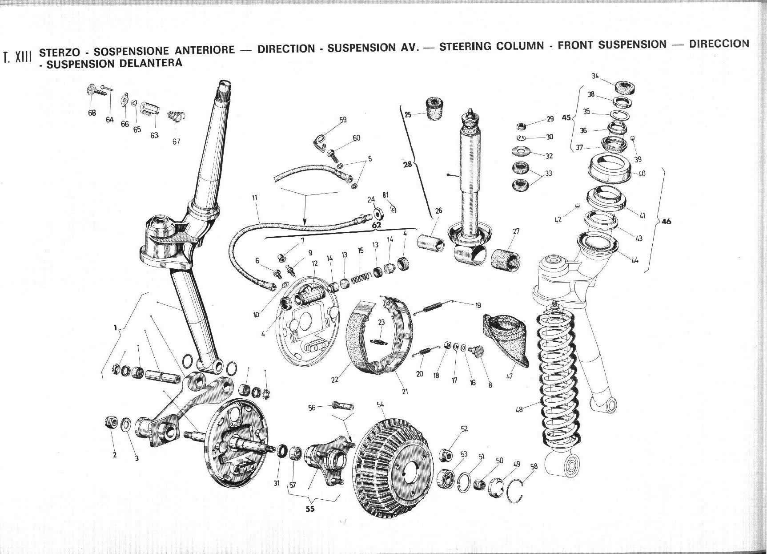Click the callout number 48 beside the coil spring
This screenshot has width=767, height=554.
[519, 409]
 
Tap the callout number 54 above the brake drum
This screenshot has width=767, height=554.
[380, 404]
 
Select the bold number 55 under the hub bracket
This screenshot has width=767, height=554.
[310, 509]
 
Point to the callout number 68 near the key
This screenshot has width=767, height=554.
[92, 113]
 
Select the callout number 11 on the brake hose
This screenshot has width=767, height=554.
[255, 198]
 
